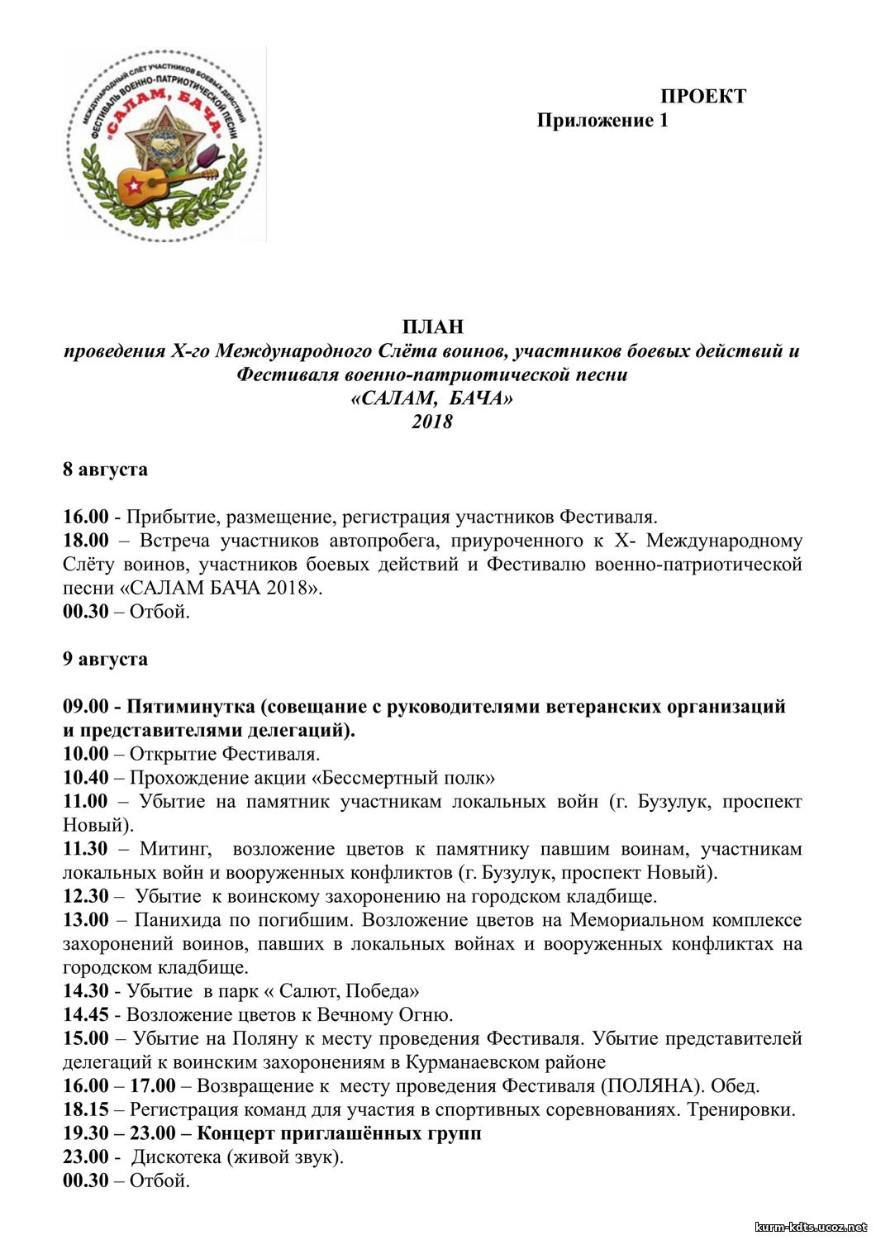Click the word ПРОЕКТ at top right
click(702, 96)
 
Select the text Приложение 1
click(602, 121)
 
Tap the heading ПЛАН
click(432, 327)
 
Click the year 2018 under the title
click(432, 422)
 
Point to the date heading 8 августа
click(105, 470)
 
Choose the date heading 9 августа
click(105, 659)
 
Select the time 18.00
click(86, 541)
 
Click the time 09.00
click(86, 707)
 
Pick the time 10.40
click(86, 778)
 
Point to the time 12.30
click(86, 896)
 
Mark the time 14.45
click(86, 1014)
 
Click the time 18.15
click(86, 1109)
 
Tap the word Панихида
click(179, 920)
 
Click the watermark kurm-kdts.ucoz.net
click(810, 1227)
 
